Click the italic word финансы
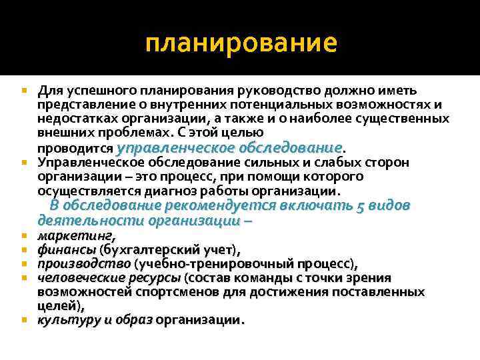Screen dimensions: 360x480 (67, 250)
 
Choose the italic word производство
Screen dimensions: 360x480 (83, 264)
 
